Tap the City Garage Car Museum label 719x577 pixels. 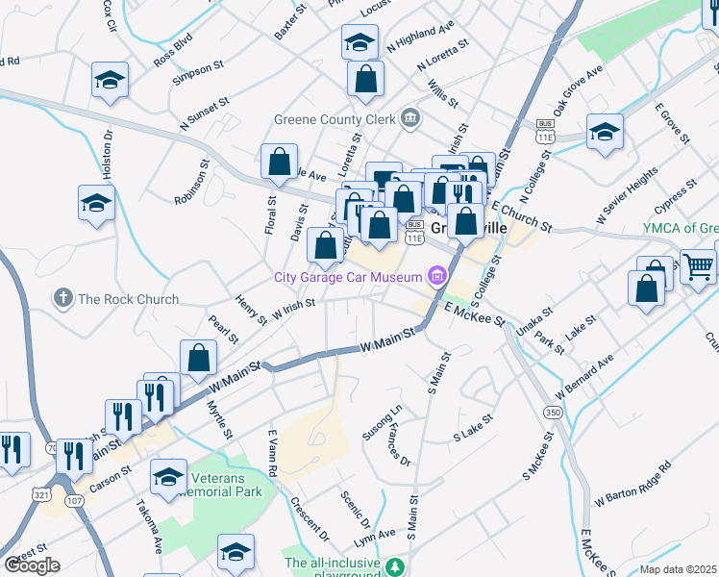348,278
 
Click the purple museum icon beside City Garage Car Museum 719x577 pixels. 437,278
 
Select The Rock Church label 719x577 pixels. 128,299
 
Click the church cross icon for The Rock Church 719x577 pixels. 63,298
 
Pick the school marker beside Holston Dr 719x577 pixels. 97,204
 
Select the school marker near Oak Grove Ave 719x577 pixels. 606,133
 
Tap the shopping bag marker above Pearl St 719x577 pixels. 198,358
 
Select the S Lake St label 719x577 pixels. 473,436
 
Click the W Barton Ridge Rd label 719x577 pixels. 632,487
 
